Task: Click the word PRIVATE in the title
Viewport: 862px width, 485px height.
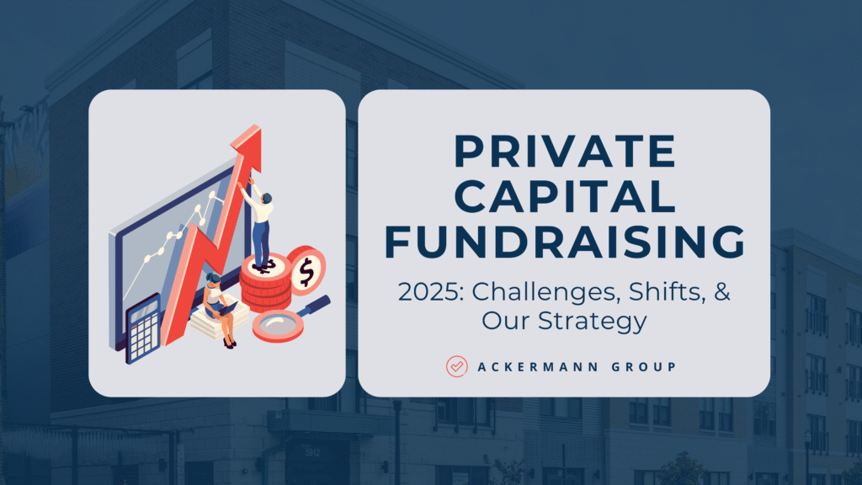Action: point(565,151)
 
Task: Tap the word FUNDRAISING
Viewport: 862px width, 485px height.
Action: point(565,242)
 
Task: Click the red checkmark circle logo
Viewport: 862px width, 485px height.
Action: point(457,366)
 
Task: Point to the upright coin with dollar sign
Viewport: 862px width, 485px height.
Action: point(306,270)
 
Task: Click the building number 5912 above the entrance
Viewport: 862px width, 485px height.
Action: point(312,452)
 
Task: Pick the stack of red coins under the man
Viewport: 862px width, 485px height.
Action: point(266,285)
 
